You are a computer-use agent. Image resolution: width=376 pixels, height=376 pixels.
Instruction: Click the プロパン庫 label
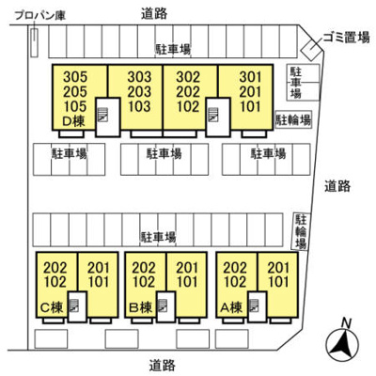[x=40, y=15]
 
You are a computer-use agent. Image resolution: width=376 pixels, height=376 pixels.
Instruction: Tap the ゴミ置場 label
[x=346, y=38]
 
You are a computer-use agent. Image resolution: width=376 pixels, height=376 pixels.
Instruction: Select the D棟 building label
[x=74, y=121]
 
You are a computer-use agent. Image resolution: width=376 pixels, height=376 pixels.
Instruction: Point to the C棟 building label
[x=52, y=307]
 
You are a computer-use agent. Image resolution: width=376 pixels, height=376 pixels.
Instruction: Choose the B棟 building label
[x=141, y=307]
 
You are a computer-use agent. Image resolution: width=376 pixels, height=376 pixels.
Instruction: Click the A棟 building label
[x=231, y=307]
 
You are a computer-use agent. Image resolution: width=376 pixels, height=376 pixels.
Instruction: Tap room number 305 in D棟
[x=75, y=77]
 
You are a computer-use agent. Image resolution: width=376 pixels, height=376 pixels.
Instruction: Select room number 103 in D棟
[x=139, y=106]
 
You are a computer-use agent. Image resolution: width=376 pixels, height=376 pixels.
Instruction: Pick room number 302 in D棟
[x=188, y=77]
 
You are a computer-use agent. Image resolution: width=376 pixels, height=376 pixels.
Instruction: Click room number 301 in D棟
[x=250, y=77]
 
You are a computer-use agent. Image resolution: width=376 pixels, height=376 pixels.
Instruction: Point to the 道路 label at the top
[x=154, y=14]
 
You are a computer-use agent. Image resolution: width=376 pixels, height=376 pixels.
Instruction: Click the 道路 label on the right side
[x=337, y=186]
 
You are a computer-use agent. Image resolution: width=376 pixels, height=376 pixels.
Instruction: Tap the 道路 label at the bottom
[x=163, y=366]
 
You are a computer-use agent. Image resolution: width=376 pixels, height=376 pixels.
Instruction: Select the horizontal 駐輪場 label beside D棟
[x=293, y=119]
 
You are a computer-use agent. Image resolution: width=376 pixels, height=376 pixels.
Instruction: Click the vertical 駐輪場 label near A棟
[x=301, y=231]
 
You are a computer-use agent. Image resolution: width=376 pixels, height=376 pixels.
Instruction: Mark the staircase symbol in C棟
[x=74, y=305]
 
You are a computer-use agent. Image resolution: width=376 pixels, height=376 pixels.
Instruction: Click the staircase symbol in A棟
[x=254, y=305]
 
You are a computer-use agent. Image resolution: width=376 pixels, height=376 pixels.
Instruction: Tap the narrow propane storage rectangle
[x=34, y=43]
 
